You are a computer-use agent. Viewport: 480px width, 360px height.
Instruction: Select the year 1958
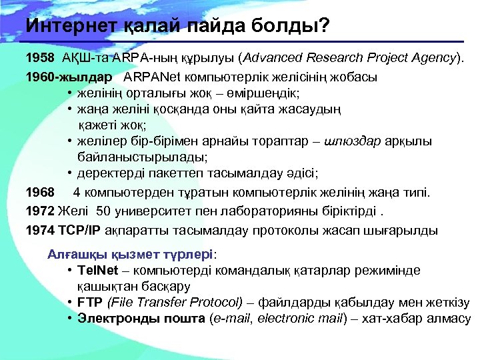pos(39,58)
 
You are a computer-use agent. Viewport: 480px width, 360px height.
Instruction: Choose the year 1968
pos(39,193)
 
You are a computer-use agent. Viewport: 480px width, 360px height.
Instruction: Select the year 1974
pos(39,231)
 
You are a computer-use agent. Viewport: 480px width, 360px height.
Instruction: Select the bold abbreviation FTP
pos(89,303)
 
